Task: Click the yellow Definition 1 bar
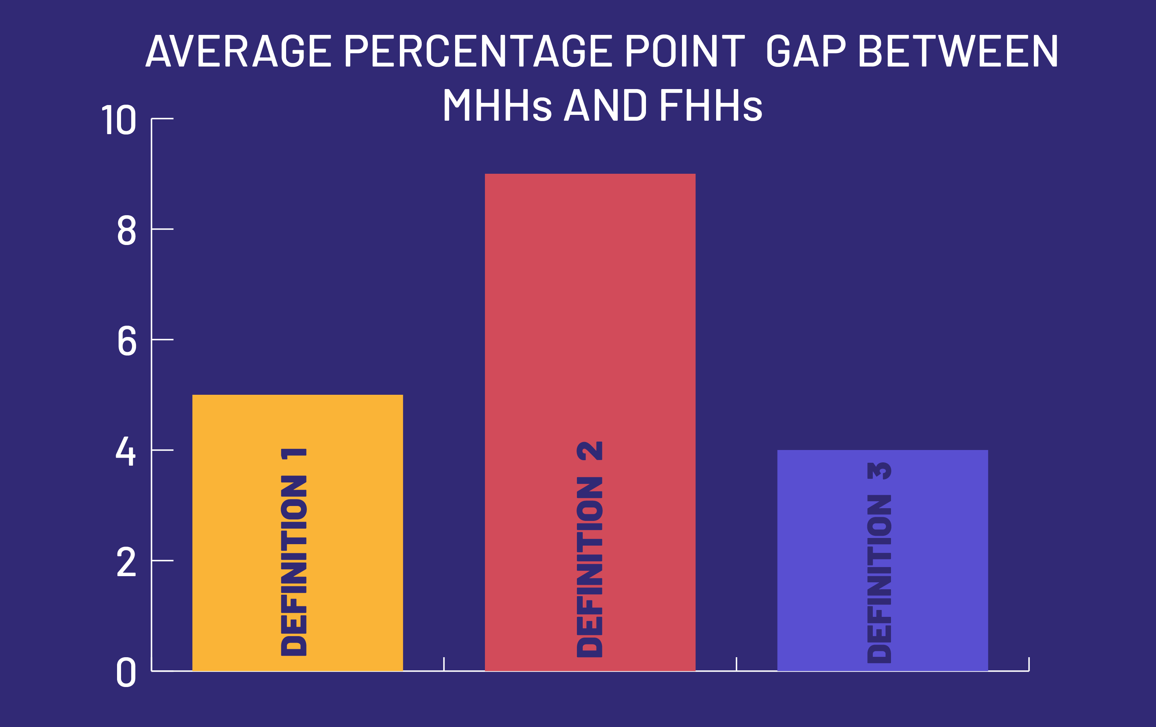298,533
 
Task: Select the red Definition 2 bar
590,422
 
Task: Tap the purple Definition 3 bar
882,561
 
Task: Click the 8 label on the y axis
127,230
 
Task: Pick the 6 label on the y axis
127,341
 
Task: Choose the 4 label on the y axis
126,451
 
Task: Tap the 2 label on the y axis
126,562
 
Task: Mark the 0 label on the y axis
126,672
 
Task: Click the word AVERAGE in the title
238,51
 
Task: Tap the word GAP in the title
806,51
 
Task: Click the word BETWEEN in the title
958,51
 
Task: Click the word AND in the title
605,105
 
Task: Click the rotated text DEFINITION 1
293,552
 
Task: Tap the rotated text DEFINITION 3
879,563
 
